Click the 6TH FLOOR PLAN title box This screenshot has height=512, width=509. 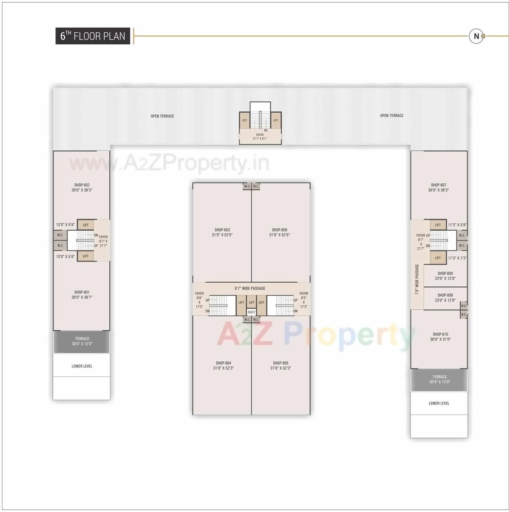pos(93,36)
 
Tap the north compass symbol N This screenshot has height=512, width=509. pos(476,36)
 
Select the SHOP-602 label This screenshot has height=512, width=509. pos(82,187)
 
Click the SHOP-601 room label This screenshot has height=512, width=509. pos(82,295)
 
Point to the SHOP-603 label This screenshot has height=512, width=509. pos(222,232)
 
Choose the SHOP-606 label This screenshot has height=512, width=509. pos(279,232)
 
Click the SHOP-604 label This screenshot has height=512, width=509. pos(224,365)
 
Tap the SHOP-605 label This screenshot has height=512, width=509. pos(281,365)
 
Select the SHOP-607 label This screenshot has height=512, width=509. pos(438,187)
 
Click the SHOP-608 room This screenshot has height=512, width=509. pos(445,276)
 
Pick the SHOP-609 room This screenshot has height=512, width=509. pos(445,298)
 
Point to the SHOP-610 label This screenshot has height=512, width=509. pos(440,337)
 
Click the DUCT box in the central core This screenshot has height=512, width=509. pos(252,312)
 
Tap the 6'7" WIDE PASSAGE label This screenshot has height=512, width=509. pos(250,288)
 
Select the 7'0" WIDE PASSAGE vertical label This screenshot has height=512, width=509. pos(417,279)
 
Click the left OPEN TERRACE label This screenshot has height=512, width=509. pos(162,116)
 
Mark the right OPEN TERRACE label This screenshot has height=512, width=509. pos(392,116)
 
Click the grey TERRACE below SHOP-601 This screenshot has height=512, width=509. pos(82,341)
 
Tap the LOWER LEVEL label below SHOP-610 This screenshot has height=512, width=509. pos(439,403)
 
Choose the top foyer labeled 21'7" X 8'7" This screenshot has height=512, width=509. pos(260,137)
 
